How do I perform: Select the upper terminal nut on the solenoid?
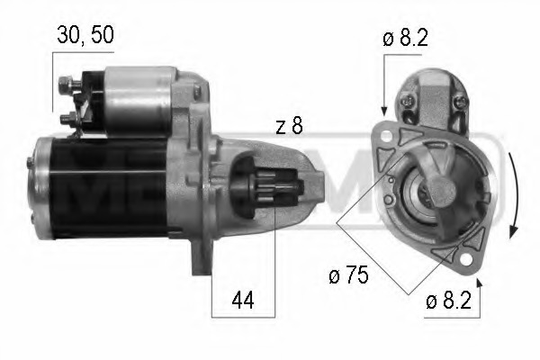coord(65,86)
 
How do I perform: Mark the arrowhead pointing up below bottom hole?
coord(477,283)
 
